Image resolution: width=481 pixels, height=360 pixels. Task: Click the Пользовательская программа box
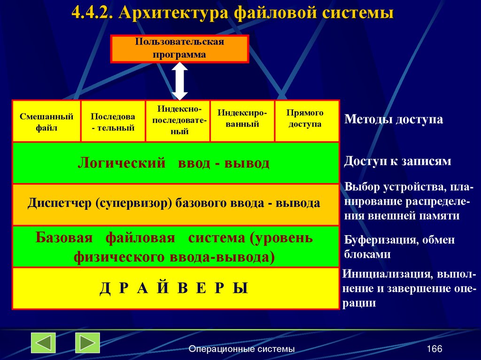(x=179, y=48)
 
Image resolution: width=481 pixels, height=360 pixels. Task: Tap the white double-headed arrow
(x=179, y=81)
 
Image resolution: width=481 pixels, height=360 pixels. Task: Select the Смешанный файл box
(x=47, y=121)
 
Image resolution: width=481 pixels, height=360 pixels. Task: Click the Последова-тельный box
(x=113, y=121)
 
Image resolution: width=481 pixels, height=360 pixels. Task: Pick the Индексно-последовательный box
(x=178, y=121)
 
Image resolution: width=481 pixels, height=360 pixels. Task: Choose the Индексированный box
(x=242, y=119)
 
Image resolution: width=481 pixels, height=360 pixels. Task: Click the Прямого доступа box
(x=305, y=119)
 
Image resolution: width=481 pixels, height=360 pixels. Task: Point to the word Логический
(x=122, y=163)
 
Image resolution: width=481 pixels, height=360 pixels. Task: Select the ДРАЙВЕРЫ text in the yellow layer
(x=174, y=288)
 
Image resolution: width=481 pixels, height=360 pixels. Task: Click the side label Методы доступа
(x=394, y=119)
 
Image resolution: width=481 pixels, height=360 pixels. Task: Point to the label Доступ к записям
(x=397, y=161)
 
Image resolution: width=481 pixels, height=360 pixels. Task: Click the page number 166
(x=434, y=349)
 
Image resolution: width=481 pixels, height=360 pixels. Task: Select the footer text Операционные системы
(x=241, y=349)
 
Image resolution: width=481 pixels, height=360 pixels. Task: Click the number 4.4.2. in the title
(x=92, y=13)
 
